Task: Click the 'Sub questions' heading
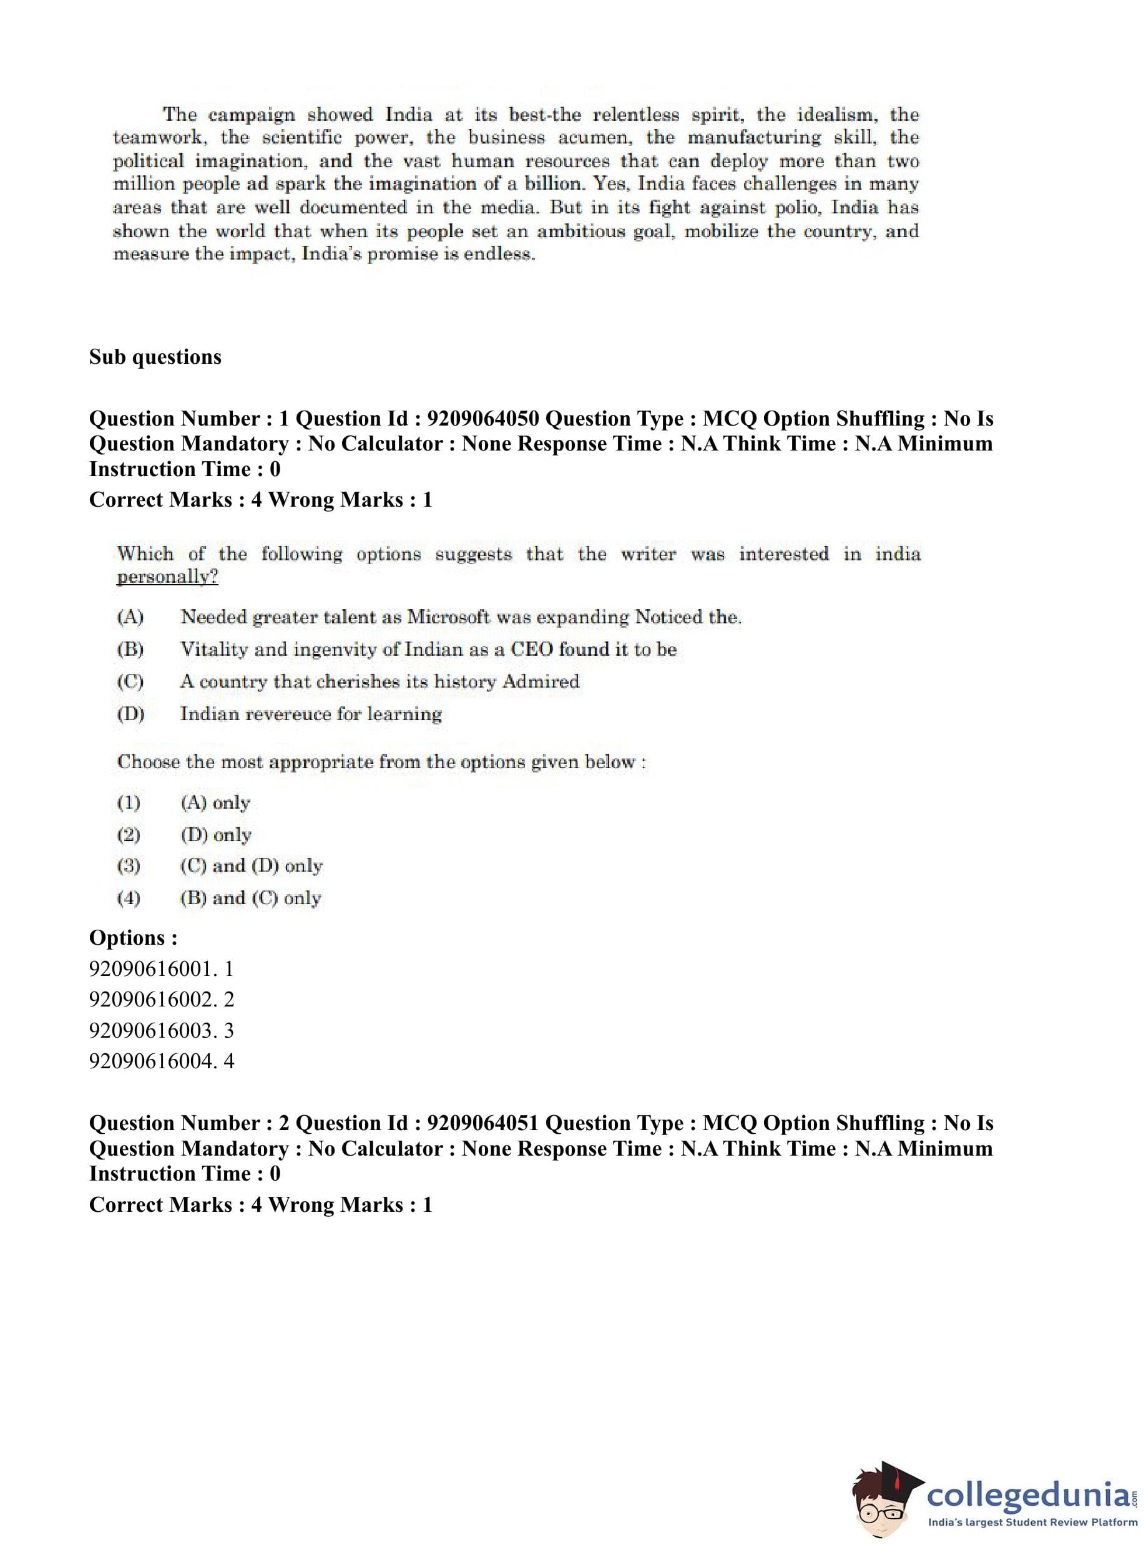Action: coord(155,357)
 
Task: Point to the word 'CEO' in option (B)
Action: coord(532,649)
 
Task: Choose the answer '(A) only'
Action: coord(215,803)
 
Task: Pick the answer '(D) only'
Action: coord(216,835)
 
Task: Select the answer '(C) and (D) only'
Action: coord(251,866)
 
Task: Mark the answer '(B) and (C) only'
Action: coord(250,899)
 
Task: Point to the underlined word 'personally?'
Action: coord(167,577)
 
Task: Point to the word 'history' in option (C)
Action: coord(463,681)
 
